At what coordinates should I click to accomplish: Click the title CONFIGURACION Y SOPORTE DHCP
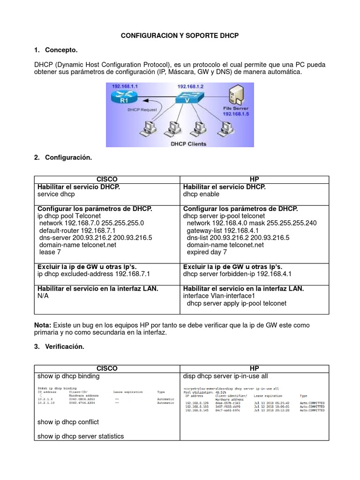click(180, 36)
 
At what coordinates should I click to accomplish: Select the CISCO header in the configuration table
click(106, 180)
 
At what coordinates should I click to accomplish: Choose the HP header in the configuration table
click(254, 180)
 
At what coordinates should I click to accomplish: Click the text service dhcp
click(56, 195)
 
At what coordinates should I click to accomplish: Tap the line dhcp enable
click(201, 195)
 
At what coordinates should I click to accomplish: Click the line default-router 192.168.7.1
click(77, 231)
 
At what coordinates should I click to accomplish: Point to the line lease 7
click(50, 252)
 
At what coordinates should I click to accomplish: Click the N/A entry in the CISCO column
click(43, 296)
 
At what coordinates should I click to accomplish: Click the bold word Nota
click(43, 325)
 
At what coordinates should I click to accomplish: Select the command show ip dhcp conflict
click(68, 422)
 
